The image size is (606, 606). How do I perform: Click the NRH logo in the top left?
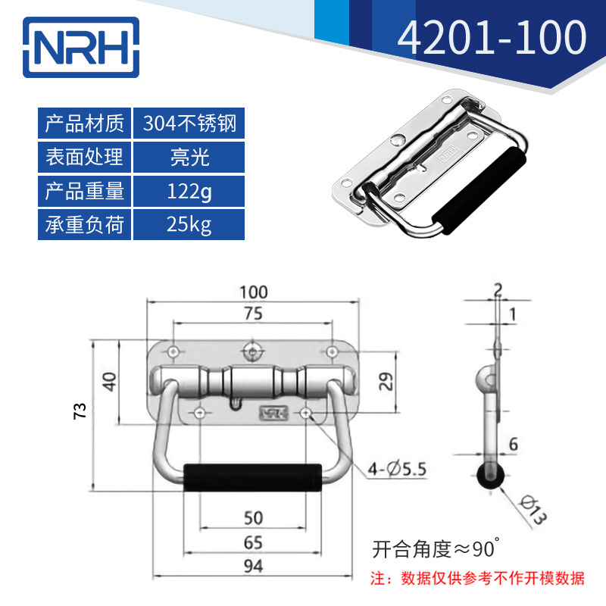tap(81, 47)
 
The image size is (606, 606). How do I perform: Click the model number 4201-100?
tap(492, 37)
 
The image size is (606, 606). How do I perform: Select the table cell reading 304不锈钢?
tap(189, 123)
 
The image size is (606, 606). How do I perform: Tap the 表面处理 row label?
tap(84, 157)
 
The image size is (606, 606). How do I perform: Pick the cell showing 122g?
tap(189, 191)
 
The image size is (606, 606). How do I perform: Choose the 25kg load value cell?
tap(189, 224)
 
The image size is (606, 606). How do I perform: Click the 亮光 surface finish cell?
tap(189, 157)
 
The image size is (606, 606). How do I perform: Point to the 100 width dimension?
tap(254, 292)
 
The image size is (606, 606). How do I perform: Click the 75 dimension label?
tap(254, 314)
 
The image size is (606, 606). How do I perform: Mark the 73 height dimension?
tap(80, 411)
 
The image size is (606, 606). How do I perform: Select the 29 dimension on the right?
tap(386, 382)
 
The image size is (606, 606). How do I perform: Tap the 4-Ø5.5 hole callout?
tap(397, 469)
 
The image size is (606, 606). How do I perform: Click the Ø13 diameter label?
tap(533, 509)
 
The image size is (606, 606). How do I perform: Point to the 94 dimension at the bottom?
tap(254, 566)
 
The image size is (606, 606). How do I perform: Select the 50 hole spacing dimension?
tap(254, 518)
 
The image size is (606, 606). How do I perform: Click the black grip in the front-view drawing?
tap(252, 477)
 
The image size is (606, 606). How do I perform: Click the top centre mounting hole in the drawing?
tap(252, 351)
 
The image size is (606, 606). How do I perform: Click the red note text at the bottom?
tap(478, 579)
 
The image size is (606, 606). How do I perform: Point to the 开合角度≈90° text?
tap(436, 548)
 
